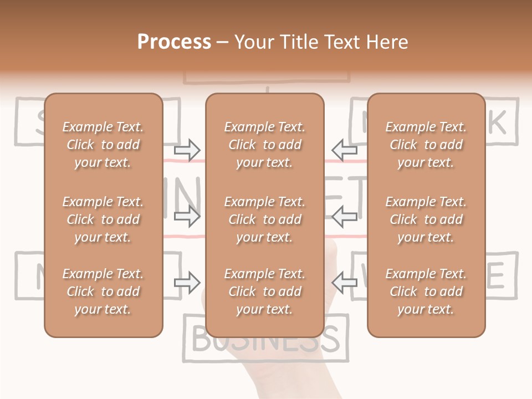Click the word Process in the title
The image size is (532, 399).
click(174, 42)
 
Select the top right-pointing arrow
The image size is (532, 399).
click(187, 150)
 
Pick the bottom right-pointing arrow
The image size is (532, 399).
click(187, 283)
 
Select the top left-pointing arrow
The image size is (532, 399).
click(344, 150)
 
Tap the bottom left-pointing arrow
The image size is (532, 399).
click(344, 283)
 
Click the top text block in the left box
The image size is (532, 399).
click(103, 145)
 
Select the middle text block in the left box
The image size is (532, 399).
click(103, 219)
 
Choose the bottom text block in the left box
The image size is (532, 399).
click(103, 291)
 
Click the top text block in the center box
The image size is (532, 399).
click(265, 145)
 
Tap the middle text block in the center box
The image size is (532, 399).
click(265, 219)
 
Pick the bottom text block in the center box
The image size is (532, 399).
click(265, 291)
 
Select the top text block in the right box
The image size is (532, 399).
click(426, 145)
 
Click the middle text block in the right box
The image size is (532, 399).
click(426, 219)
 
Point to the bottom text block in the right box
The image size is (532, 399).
click(426, 291)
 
